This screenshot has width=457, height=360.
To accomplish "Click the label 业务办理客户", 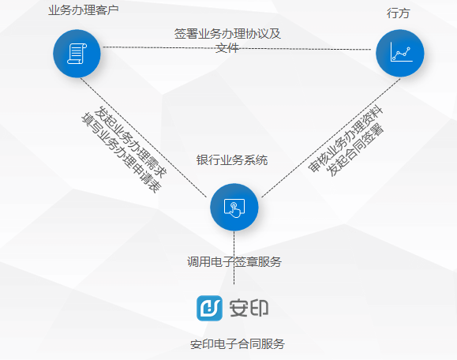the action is tap(84, 10).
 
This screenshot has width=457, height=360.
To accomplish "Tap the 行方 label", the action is tap(399, 13).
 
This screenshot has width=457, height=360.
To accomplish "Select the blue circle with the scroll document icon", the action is tap(77, 54).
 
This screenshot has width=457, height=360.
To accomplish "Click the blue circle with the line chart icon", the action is tap(400, 54).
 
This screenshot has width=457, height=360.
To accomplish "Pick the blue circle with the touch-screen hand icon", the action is tap(234, 208).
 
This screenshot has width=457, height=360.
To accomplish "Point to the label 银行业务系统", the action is tap(232, 160).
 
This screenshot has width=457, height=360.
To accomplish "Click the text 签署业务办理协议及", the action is tap(227, 34).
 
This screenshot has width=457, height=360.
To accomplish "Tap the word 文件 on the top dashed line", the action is tap(227, 48).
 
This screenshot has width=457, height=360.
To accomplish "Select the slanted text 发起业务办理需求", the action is tap(130, 142).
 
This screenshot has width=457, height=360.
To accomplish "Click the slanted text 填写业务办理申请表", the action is tap(122, 152).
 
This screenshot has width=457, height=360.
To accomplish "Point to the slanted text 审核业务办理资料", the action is tap(346, 139).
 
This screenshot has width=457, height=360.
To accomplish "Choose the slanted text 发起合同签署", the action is tap(355, 150).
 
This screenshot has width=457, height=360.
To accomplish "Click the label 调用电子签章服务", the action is tap(234, 262).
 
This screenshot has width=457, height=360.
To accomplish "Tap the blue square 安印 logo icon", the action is tap(209, 308).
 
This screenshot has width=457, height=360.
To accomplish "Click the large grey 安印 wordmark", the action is tap(249, 308).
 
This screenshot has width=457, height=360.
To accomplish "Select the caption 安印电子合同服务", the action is tap(238, 344).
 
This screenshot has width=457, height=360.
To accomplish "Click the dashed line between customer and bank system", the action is tap(144, 137).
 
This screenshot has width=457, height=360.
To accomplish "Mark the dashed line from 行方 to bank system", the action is tap(331, 137).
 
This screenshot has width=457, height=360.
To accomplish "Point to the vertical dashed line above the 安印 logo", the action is tap(234, 257).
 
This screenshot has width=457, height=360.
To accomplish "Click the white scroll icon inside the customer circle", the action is tap(77, 54).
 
